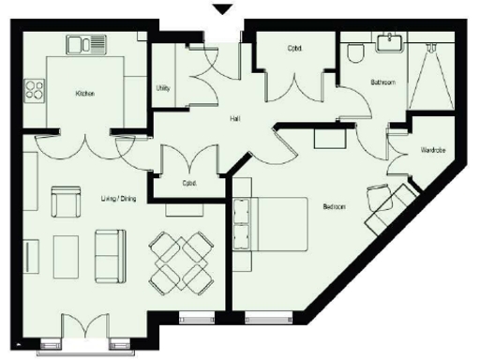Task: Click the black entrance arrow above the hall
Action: tap(222, 10)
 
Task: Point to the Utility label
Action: tap(162, 88)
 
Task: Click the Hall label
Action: tap(237, 120)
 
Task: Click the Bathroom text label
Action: tap(382, 82)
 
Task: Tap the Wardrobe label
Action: tap(431, 149)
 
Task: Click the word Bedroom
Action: tap(334, 206)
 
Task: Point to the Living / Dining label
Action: tap(119, 198)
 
